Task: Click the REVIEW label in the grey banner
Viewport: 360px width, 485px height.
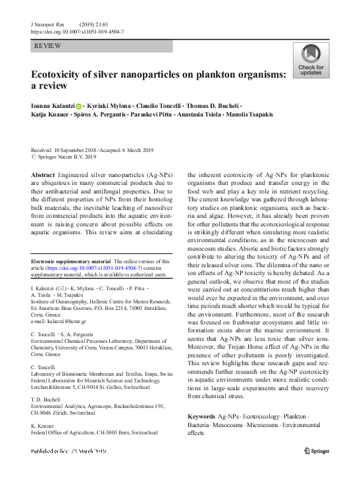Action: (49, 47)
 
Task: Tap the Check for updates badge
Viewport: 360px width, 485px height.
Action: (310, 62)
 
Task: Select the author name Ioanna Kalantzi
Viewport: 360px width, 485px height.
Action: (53, 106)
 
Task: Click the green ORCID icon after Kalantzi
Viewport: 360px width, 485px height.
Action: (79, 106)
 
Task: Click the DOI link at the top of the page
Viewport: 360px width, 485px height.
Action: (78, 32)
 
